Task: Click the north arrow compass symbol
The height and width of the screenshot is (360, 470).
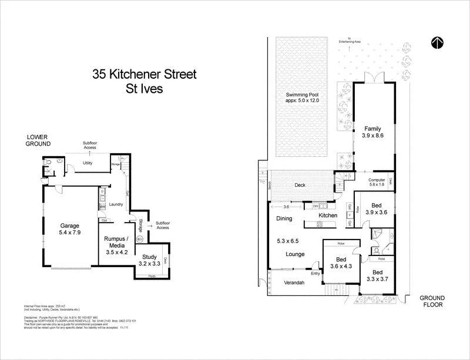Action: [x=437, y=42]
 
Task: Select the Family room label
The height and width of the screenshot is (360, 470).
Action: [x=372, y=129]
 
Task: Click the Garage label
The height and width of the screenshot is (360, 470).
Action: [x=69, y=225]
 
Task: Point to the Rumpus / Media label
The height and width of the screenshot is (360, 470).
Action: [x=116, y=243]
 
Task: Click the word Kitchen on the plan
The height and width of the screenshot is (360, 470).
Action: [x=328, y=216]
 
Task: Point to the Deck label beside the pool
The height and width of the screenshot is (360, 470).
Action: [x=300, y=186]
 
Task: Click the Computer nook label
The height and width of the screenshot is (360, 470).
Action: [x=377, y=180]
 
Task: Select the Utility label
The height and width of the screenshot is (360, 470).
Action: [x=88, y=163]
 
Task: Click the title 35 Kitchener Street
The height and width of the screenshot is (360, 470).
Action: [x=144, y=75]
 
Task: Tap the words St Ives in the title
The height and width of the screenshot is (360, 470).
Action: [x=144, y=90]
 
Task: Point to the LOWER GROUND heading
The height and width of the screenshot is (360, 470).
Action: [x=38, y=140]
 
